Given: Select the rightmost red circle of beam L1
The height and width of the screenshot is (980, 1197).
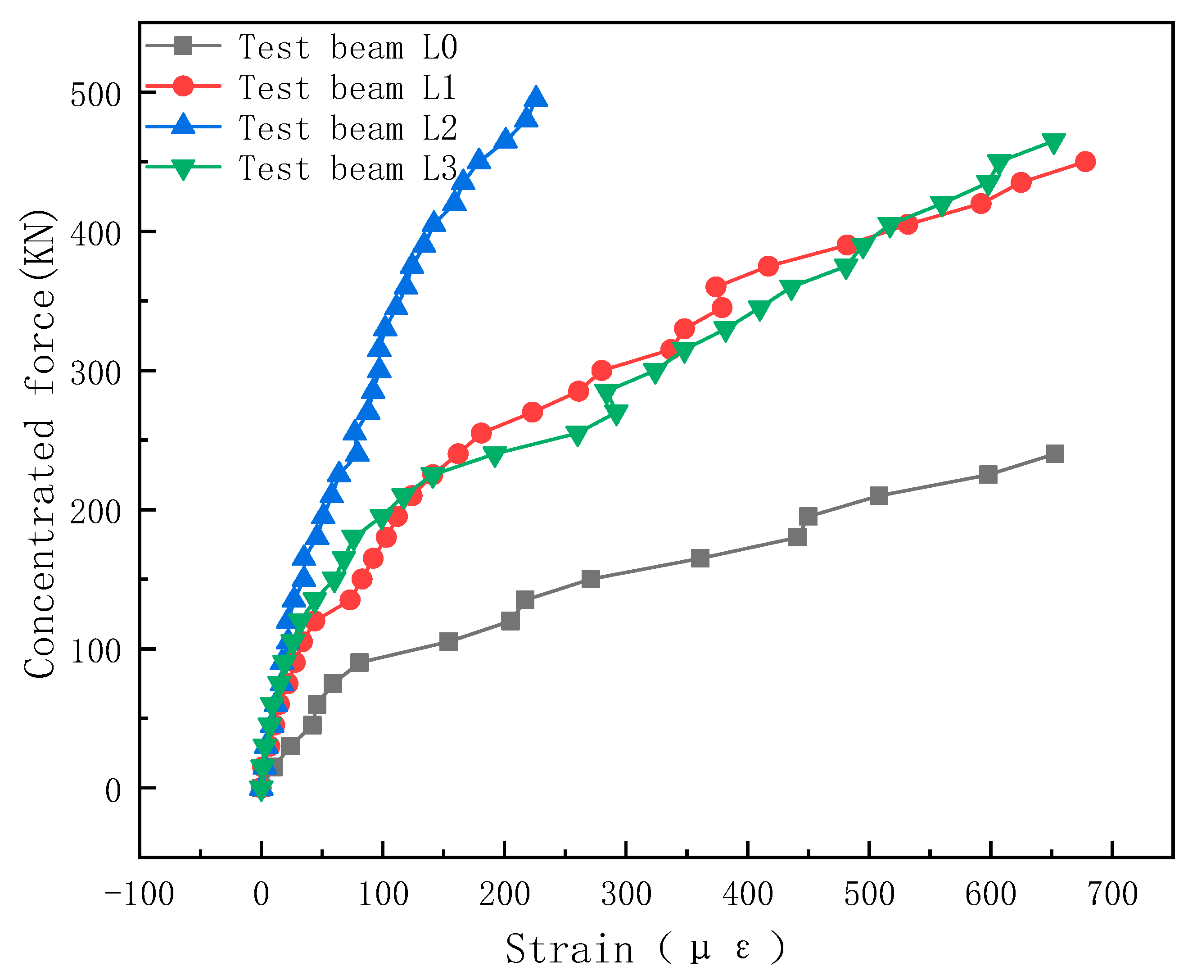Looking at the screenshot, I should click(x=1085, y=162).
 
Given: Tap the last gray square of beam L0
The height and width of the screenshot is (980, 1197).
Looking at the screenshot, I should click(x=1054, y=454).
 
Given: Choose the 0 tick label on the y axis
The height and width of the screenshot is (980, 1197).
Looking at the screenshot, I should click(x=113, y=790).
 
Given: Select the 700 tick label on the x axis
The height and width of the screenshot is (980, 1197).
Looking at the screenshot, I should click(x=1112, y=895).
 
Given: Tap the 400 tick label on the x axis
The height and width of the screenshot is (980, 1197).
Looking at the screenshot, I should click(x=748, y=895).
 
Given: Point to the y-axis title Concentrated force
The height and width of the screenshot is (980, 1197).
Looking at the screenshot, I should click(x=40, y=443).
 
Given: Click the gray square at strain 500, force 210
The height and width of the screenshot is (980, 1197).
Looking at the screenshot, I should click(x=879, y=496).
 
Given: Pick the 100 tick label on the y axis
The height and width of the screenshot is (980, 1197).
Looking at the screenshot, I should click(x=96, y=651).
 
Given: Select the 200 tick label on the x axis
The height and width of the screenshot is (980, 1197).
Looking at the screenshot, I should click(x=505, y=895).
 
